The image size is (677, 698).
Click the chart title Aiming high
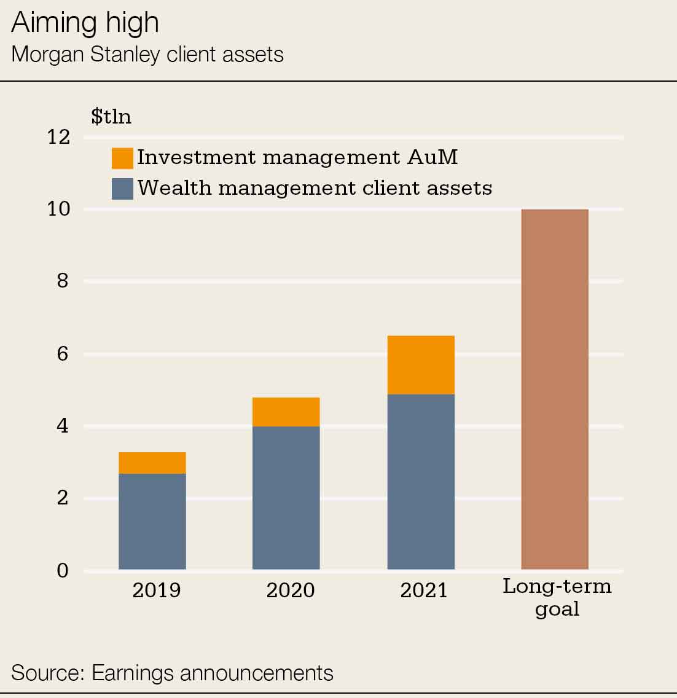(85, 23)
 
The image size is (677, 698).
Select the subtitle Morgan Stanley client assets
(147, 55)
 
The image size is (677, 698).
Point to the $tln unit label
(111, 117)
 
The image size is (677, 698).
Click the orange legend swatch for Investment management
(122, 158)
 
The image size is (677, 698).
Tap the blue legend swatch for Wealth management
(122, 189)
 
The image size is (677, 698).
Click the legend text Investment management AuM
(297, 157)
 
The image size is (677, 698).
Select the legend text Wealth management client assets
(315, 188)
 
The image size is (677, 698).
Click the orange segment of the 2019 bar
(152, 463)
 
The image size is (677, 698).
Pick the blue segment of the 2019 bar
(152, 521)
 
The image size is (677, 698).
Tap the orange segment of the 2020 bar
(286, 412)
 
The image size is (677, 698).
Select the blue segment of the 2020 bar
(286, 498)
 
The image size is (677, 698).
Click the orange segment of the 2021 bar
(421, 365)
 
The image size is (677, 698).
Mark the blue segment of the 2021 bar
(421, 482)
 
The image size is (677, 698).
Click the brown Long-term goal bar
(555, 390)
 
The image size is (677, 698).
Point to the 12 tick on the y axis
(59, 137)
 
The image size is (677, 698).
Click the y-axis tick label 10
(59, 210)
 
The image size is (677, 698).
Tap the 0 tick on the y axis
(63, 571)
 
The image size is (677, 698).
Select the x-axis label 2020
(290, 590)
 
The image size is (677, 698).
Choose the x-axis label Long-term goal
(557, 597)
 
